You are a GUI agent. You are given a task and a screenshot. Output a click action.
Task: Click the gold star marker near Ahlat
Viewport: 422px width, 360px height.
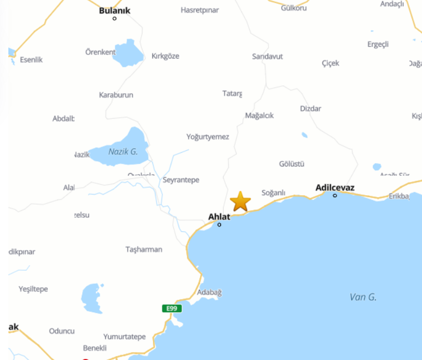pos(240,202)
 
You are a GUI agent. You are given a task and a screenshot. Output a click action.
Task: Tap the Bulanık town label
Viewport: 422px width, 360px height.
pos(115,10)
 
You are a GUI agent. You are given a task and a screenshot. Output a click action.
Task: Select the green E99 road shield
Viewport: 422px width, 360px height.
pos(172,308)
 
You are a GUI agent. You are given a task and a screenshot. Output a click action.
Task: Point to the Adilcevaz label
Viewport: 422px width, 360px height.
pos(335,187)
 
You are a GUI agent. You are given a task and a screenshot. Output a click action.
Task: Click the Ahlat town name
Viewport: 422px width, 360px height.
pos(219,216)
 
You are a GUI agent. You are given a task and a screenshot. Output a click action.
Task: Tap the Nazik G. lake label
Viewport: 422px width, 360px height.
pos(123,151)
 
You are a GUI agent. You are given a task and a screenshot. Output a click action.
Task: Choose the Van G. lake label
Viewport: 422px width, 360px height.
pos(363,297)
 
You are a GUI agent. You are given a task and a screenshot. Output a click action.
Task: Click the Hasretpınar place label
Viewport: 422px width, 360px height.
pos(199,10)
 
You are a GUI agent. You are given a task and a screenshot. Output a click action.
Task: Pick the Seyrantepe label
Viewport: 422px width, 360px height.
pos(181,180)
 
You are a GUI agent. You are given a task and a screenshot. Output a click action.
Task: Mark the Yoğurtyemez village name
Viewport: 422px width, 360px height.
pos(208,136)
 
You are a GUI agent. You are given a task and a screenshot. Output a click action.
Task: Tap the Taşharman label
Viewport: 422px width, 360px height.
pos(144,249)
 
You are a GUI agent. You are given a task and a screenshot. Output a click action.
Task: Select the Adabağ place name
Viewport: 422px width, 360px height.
pos(209,293)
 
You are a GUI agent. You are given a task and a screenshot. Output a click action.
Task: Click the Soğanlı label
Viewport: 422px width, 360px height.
pos(273,192)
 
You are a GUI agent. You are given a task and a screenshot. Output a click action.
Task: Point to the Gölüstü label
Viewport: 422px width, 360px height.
pos(292,164)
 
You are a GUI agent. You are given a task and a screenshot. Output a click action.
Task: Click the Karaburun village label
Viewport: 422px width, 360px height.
pos(116,95)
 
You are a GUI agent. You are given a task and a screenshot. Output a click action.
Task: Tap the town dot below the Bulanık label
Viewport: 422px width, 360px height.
pos(115,19)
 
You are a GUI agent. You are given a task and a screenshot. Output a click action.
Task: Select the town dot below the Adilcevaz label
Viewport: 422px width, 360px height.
pos(335,196)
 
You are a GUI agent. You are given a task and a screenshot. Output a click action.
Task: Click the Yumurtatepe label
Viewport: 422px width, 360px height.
pos(125,336)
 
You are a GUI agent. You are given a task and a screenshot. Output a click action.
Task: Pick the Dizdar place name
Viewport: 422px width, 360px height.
pos(310,108)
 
